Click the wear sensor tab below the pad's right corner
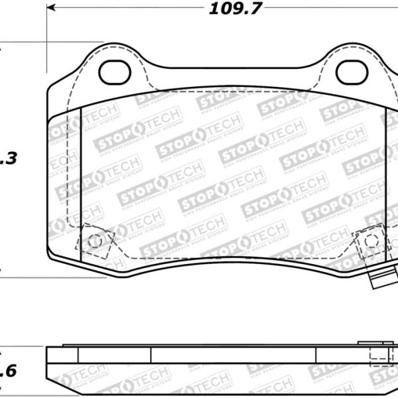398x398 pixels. [381, 278]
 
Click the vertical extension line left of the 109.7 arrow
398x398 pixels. [47, 40]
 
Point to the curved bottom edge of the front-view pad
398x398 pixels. [226, 265]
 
